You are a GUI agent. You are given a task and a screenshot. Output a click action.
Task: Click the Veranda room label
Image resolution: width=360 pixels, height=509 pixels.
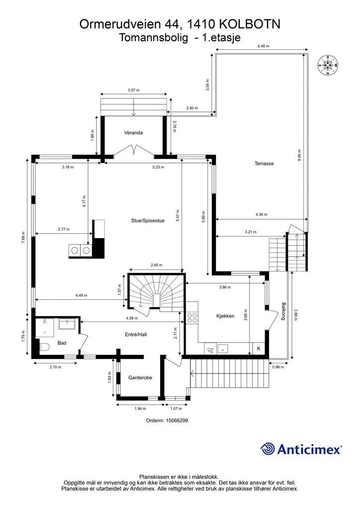(133, 132)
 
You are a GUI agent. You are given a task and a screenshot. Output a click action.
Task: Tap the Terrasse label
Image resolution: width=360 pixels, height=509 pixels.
(264, 164)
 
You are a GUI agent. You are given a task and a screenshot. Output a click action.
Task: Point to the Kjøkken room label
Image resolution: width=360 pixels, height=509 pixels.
(225, 316)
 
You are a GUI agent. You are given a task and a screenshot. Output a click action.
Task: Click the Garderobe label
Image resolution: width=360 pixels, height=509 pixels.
(140, 378)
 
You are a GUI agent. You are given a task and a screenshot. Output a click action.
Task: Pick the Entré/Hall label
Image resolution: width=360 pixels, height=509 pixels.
(136, 335)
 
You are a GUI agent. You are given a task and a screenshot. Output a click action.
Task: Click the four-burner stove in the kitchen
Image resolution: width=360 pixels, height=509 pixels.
(192, 317)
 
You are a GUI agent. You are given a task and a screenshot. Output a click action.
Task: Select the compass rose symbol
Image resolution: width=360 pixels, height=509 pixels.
(328, 65)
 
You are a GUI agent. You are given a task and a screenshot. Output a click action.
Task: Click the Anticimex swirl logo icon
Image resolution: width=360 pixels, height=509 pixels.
(268, 449)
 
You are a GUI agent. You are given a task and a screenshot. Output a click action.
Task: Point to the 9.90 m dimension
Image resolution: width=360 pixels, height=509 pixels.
(299, 156)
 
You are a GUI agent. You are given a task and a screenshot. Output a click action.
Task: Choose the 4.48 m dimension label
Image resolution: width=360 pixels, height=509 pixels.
(263, 46)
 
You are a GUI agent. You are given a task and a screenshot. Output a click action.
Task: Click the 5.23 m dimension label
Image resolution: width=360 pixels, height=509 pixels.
(158, 167)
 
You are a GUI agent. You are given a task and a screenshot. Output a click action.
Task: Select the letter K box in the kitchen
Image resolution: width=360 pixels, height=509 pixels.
(259, 348)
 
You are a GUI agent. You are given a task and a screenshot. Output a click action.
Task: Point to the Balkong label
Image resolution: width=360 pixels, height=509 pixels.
(284, 312)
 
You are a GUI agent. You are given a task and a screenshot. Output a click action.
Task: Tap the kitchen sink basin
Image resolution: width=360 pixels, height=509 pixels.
(223, 349)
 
